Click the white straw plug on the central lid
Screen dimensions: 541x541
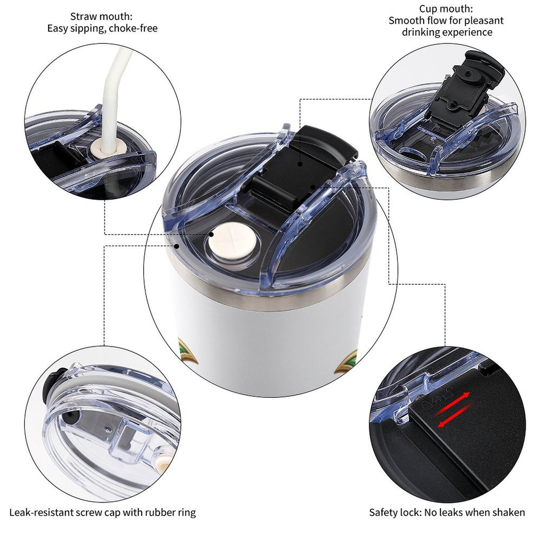(x=234, y=240)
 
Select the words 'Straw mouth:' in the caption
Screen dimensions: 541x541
(x=101, y=16)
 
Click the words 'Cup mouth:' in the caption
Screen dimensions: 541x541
(x=446, y=8)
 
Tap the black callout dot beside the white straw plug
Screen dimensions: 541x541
(x=211, y=234)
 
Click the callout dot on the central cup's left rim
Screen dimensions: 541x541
(x=176, y=246)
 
